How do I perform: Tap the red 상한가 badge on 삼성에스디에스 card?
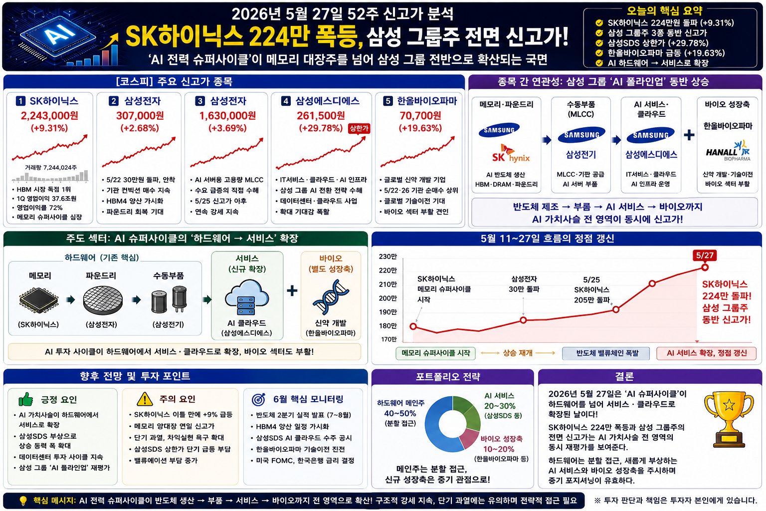359,129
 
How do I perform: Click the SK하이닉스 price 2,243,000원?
49,116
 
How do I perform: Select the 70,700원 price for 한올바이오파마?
420,116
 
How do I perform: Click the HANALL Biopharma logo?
728,151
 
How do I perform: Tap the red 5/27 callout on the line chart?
705,255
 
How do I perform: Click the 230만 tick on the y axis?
388,256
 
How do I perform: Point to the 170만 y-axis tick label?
389,339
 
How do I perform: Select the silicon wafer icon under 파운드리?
103,300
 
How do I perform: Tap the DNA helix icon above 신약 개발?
330,297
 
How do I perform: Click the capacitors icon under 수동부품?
169,299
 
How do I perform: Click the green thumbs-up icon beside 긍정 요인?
25,399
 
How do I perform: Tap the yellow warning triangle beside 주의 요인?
145,399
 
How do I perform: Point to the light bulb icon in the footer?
23,501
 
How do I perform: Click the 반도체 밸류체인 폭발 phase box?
607,353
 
